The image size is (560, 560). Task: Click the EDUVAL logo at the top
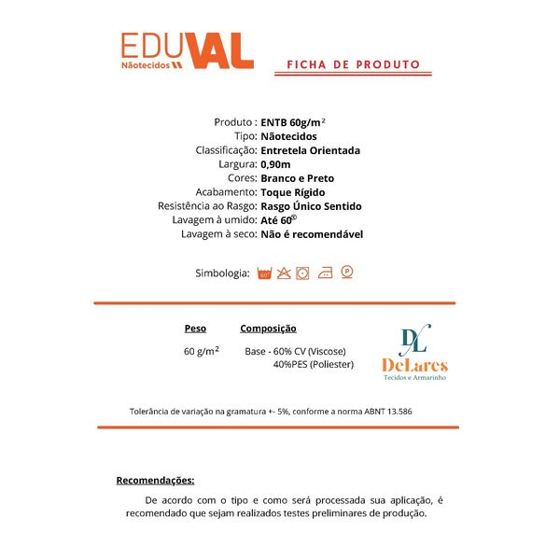pyautogui.click(x=187, y=51)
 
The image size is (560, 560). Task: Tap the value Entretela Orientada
pyautogui.click(x=311, y=150)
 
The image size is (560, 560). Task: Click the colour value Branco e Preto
pyautogui.click(x=298, y=178)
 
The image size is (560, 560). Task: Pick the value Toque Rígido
pyautogui.click(x=293, y=192)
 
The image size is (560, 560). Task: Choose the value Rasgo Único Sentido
pyautogui.click(x=312, y=206)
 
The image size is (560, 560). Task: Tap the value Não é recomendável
pyautogui.click(x=312, y=234)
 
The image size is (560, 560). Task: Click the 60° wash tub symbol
pyautogui.click(x=264, y=273)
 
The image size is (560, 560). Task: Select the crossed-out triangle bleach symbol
pyautogui.click(x=284, y=273)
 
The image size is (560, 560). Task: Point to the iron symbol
pyautogui.click(x=325, y=273)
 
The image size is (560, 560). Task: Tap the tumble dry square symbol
pyautogui.click(x=304, y=273)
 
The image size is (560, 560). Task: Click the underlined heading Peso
pyautogui.click(x=195, y=329)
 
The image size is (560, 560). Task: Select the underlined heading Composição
pyautogui.click(x=268, y=329)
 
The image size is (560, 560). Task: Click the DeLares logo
pyautogui.click(x=414, y=353)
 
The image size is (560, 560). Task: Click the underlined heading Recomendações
pyautogui.click(x=155, y=481)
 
